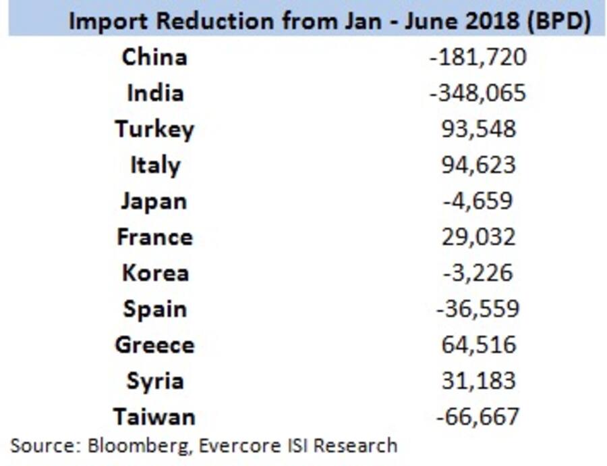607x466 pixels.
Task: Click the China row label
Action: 154,57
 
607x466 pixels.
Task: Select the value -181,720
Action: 478,57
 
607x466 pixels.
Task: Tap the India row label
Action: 154,93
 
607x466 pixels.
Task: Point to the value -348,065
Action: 478,93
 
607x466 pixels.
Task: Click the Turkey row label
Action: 154,130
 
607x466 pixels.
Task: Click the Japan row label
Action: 154,201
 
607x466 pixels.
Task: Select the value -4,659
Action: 478,201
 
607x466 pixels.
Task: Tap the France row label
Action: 154,237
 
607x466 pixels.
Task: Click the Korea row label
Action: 154,273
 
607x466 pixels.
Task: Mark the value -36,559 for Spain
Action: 478,309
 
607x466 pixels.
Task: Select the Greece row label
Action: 154,344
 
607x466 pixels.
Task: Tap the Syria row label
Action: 154,381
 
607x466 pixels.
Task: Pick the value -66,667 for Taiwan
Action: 478,417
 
